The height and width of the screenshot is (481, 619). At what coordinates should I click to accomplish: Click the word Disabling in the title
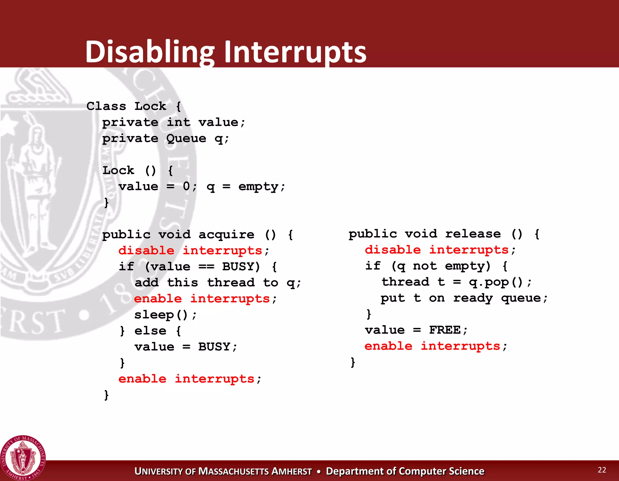click(x=150, y=52)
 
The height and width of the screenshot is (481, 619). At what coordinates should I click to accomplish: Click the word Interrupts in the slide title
click(x=295, y=52)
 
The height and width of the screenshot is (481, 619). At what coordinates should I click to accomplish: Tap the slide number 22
click(x=602, y=470)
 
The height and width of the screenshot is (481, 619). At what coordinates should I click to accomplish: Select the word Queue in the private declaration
click(x=186, y=139)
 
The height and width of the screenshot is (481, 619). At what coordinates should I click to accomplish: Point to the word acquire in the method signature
click(x=226, y=235)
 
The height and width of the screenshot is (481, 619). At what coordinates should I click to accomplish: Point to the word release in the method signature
click(x=473, y=234)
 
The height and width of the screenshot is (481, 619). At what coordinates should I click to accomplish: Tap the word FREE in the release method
click(x=445, y=330)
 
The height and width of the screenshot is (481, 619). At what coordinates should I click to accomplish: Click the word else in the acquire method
click(x=150, y=331)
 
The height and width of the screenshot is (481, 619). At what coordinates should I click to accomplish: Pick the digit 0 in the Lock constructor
click(x=186, y=186)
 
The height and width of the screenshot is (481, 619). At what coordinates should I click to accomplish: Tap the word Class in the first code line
click(x=106, y=106)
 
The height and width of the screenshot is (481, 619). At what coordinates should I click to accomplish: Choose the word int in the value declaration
click(x=178, y=122)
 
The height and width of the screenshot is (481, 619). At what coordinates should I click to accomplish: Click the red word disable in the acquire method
click(x=146, y=251)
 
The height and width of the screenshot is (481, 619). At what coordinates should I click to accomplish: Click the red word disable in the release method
click(x=393, y=250)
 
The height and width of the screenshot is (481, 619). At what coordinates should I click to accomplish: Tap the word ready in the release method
click(x=473, y=298)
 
